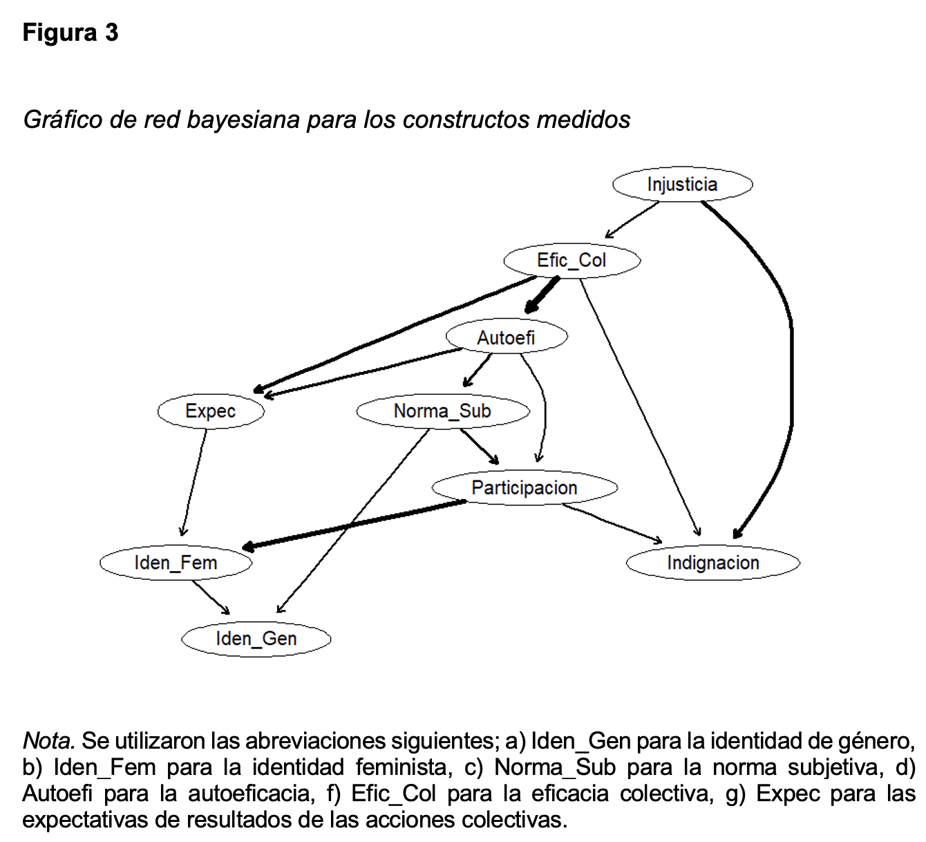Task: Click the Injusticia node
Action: (x=682, y=185)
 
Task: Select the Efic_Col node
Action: (x=571, y=261)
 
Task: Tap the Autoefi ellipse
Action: (x=507, y=337)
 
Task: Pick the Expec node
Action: (x=211, y=411)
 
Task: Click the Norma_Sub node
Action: (x=442, y=411)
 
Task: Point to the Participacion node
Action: (x=525, y=488)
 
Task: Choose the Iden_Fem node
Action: (x=176, y=563)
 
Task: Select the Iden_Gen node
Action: (x=256, y=639)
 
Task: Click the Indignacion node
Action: (x=712, y=563)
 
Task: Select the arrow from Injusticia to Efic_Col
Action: (x=632, y=219)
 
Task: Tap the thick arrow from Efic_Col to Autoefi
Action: (x=542, y=295)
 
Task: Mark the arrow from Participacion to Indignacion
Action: (x=612, y=523)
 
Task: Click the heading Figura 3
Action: (x=70, y=32)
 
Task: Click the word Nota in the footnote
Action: (x=48, y=741)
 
